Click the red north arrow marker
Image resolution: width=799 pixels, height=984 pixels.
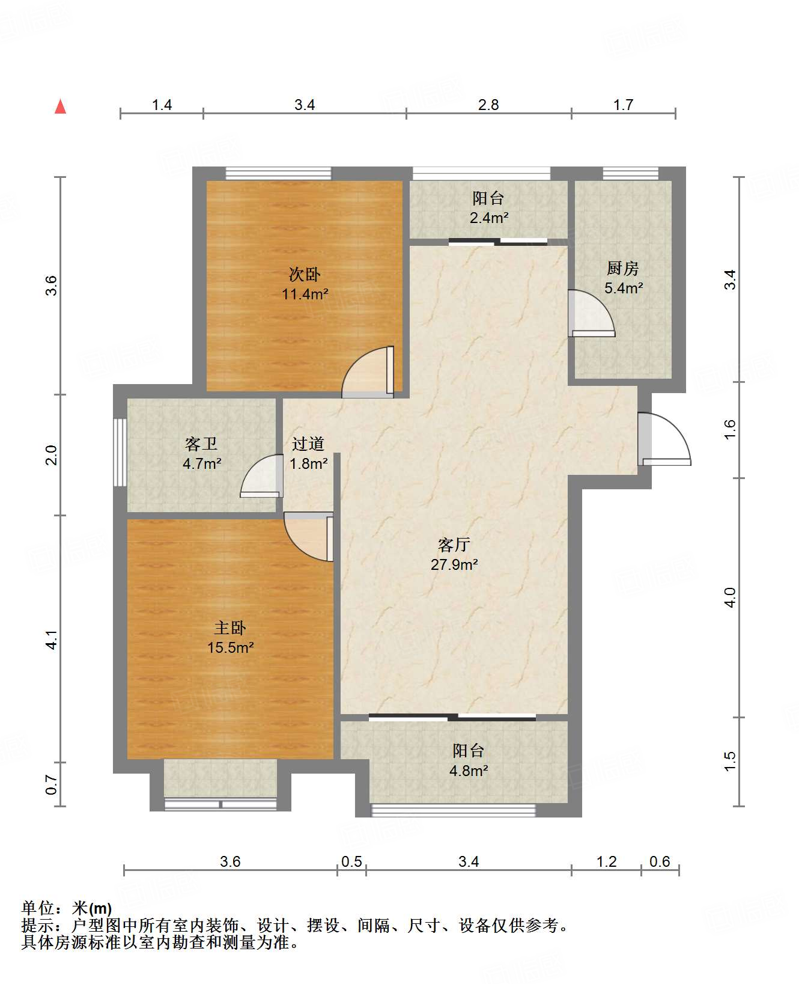[60, 106]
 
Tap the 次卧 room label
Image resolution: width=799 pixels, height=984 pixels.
[305, 275]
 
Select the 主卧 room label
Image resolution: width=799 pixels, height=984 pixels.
[230, 628]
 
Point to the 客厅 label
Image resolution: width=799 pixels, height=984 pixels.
[454, 545]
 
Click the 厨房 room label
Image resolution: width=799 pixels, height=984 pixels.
[623, 268]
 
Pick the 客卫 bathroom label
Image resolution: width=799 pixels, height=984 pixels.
[201, 444]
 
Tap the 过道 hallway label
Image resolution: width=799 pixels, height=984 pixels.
[308, 444]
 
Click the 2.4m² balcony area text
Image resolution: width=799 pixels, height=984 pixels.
[489, 218]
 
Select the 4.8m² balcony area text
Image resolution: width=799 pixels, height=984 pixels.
[469, 770]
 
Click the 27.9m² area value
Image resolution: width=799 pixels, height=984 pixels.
[454, 564]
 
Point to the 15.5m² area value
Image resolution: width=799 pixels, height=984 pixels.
[230, 647]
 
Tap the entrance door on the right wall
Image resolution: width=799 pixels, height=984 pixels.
[664, 439]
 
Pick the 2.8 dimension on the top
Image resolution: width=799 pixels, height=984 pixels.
[488, 105]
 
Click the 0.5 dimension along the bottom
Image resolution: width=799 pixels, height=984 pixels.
[351, 862]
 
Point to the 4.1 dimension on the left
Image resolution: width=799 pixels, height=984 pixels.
[52, 639]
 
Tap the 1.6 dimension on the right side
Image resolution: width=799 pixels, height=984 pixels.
[729, 429]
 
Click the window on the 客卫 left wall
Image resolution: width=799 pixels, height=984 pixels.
[120, 453]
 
